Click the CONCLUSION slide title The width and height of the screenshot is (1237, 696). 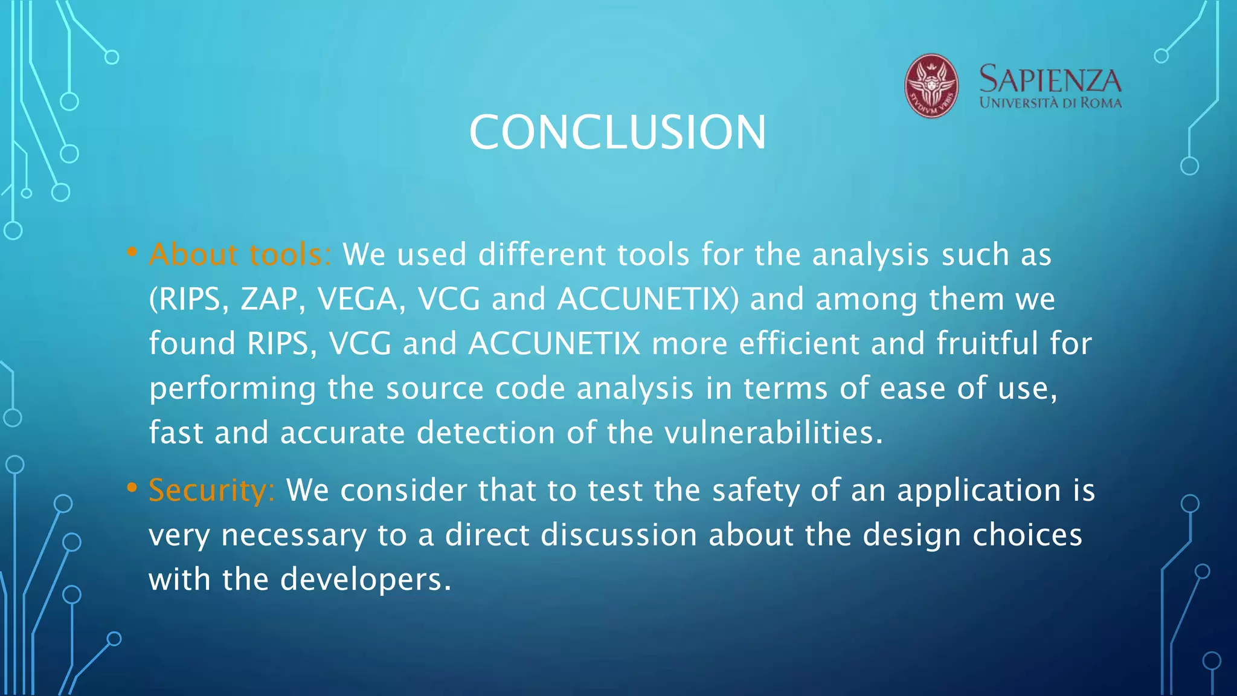tap(617, 132)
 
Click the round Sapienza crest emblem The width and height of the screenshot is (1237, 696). tap(931, 86)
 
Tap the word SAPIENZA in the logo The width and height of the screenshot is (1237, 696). tap(1050, 80)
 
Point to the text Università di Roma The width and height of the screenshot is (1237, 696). tap(1050, 103)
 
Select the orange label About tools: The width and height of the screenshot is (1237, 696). tap(240, 254)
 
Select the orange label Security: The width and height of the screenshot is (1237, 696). tap(211, 490)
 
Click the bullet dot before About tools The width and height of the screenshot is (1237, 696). tap(132, 252)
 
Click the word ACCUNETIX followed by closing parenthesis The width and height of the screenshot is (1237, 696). tap(647, 299)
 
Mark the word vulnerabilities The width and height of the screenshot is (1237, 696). tap(773, 433)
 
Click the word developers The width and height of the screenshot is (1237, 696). tap(365, 579)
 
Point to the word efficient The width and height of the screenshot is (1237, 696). tap(798, 343)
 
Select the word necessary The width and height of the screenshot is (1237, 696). tap(293, 536)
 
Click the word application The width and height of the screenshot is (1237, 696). tap(978, 491)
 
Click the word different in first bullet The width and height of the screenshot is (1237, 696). tap(541, 254)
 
